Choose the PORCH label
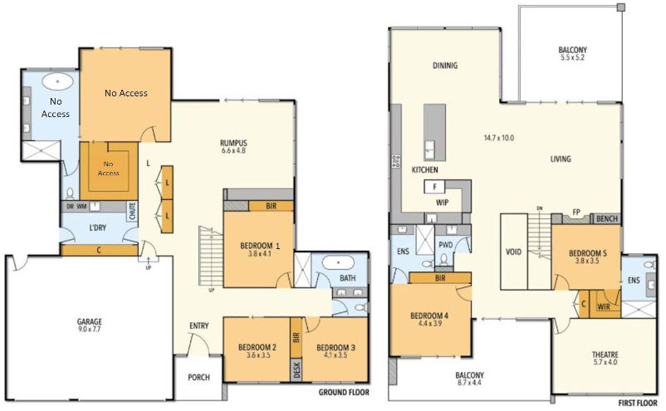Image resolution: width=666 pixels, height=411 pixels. click(x=198, y=377)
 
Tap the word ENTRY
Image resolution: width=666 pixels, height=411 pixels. click(x=199, y=325)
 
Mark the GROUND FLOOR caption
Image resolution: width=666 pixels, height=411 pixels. click(x=344, y=392)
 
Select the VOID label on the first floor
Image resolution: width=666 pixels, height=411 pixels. click(x=514, y=252)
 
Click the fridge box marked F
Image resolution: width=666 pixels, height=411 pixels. click(x=434, y=187)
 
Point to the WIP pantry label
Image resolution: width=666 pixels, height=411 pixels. click(x=443, y=202)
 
